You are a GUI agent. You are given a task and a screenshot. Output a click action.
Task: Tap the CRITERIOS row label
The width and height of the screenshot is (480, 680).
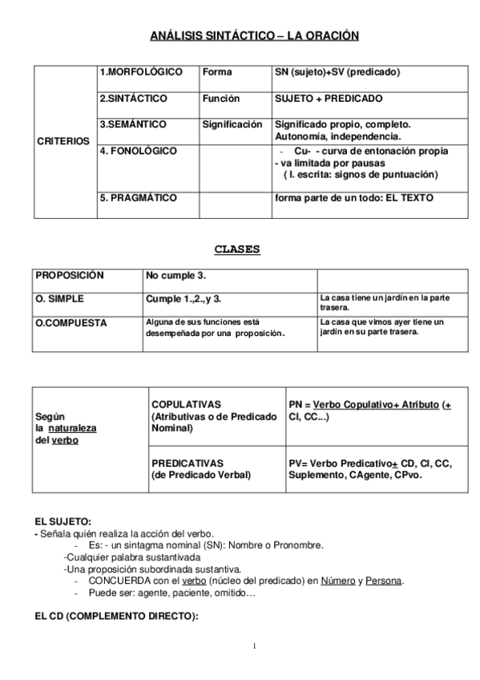coord(63,141)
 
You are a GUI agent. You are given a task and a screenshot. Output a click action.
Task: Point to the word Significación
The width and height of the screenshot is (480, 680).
coord(232,125)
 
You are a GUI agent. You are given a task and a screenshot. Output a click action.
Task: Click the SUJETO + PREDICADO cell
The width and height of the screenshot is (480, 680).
coord(329,99)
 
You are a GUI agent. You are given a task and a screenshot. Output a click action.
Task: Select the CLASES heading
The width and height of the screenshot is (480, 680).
coord(237,249)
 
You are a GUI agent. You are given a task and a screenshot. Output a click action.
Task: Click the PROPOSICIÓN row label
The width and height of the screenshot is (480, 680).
coord(69,275)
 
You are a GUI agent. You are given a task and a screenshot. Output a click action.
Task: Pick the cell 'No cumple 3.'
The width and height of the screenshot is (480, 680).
coord(175,276)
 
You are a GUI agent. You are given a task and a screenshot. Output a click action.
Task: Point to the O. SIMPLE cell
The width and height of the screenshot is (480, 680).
coord(60,298)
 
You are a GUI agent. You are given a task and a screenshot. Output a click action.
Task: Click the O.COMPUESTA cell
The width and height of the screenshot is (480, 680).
coord(67,322)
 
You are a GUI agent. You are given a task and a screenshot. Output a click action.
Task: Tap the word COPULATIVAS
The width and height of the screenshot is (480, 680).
coord(186,405)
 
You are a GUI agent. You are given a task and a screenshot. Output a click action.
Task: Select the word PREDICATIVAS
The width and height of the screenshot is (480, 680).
coord(187,463)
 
